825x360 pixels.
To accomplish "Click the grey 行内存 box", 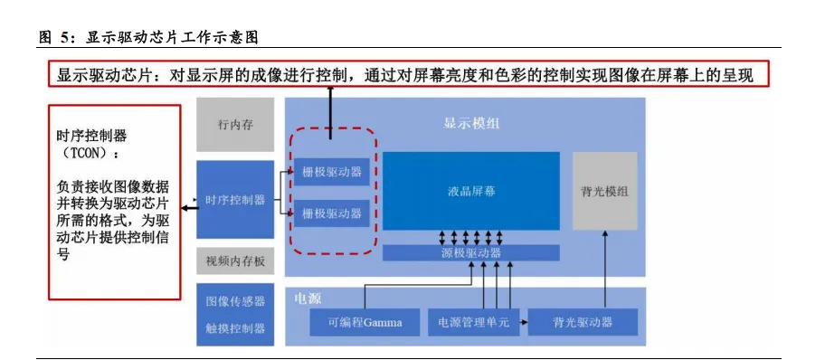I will tap(234, 124).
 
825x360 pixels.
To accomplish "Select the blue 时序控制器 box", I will tap(234, 200).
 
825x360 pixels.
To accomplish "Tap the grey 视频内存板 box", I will tap(234, 261).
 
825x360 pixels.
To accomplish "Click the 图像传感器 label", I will tap(235, 301).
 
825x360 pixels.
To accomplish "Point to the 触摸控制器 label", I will tap(235, 327).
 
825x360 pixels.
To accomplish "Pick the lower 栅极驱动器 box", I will tap(332, 213).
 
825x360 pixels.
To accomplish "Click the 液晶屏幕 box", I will tap(470, 191).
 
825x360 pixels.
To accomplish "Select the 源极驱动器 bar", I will tap(470, 253).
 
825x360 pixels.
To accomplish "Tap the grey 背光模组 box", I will tap(604, 191).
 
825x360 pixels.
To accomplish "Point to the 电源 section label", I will tap(308, 298).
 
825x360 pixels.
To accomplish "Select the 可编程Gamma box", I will tap(365, 322).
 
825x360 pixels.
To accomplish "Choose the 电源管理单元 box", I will tap(473, 322).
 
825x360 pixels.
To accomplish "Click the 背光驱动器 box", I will tap(583, 322).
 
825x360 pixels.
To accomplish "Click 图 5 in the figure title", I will tap(54, 38).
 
